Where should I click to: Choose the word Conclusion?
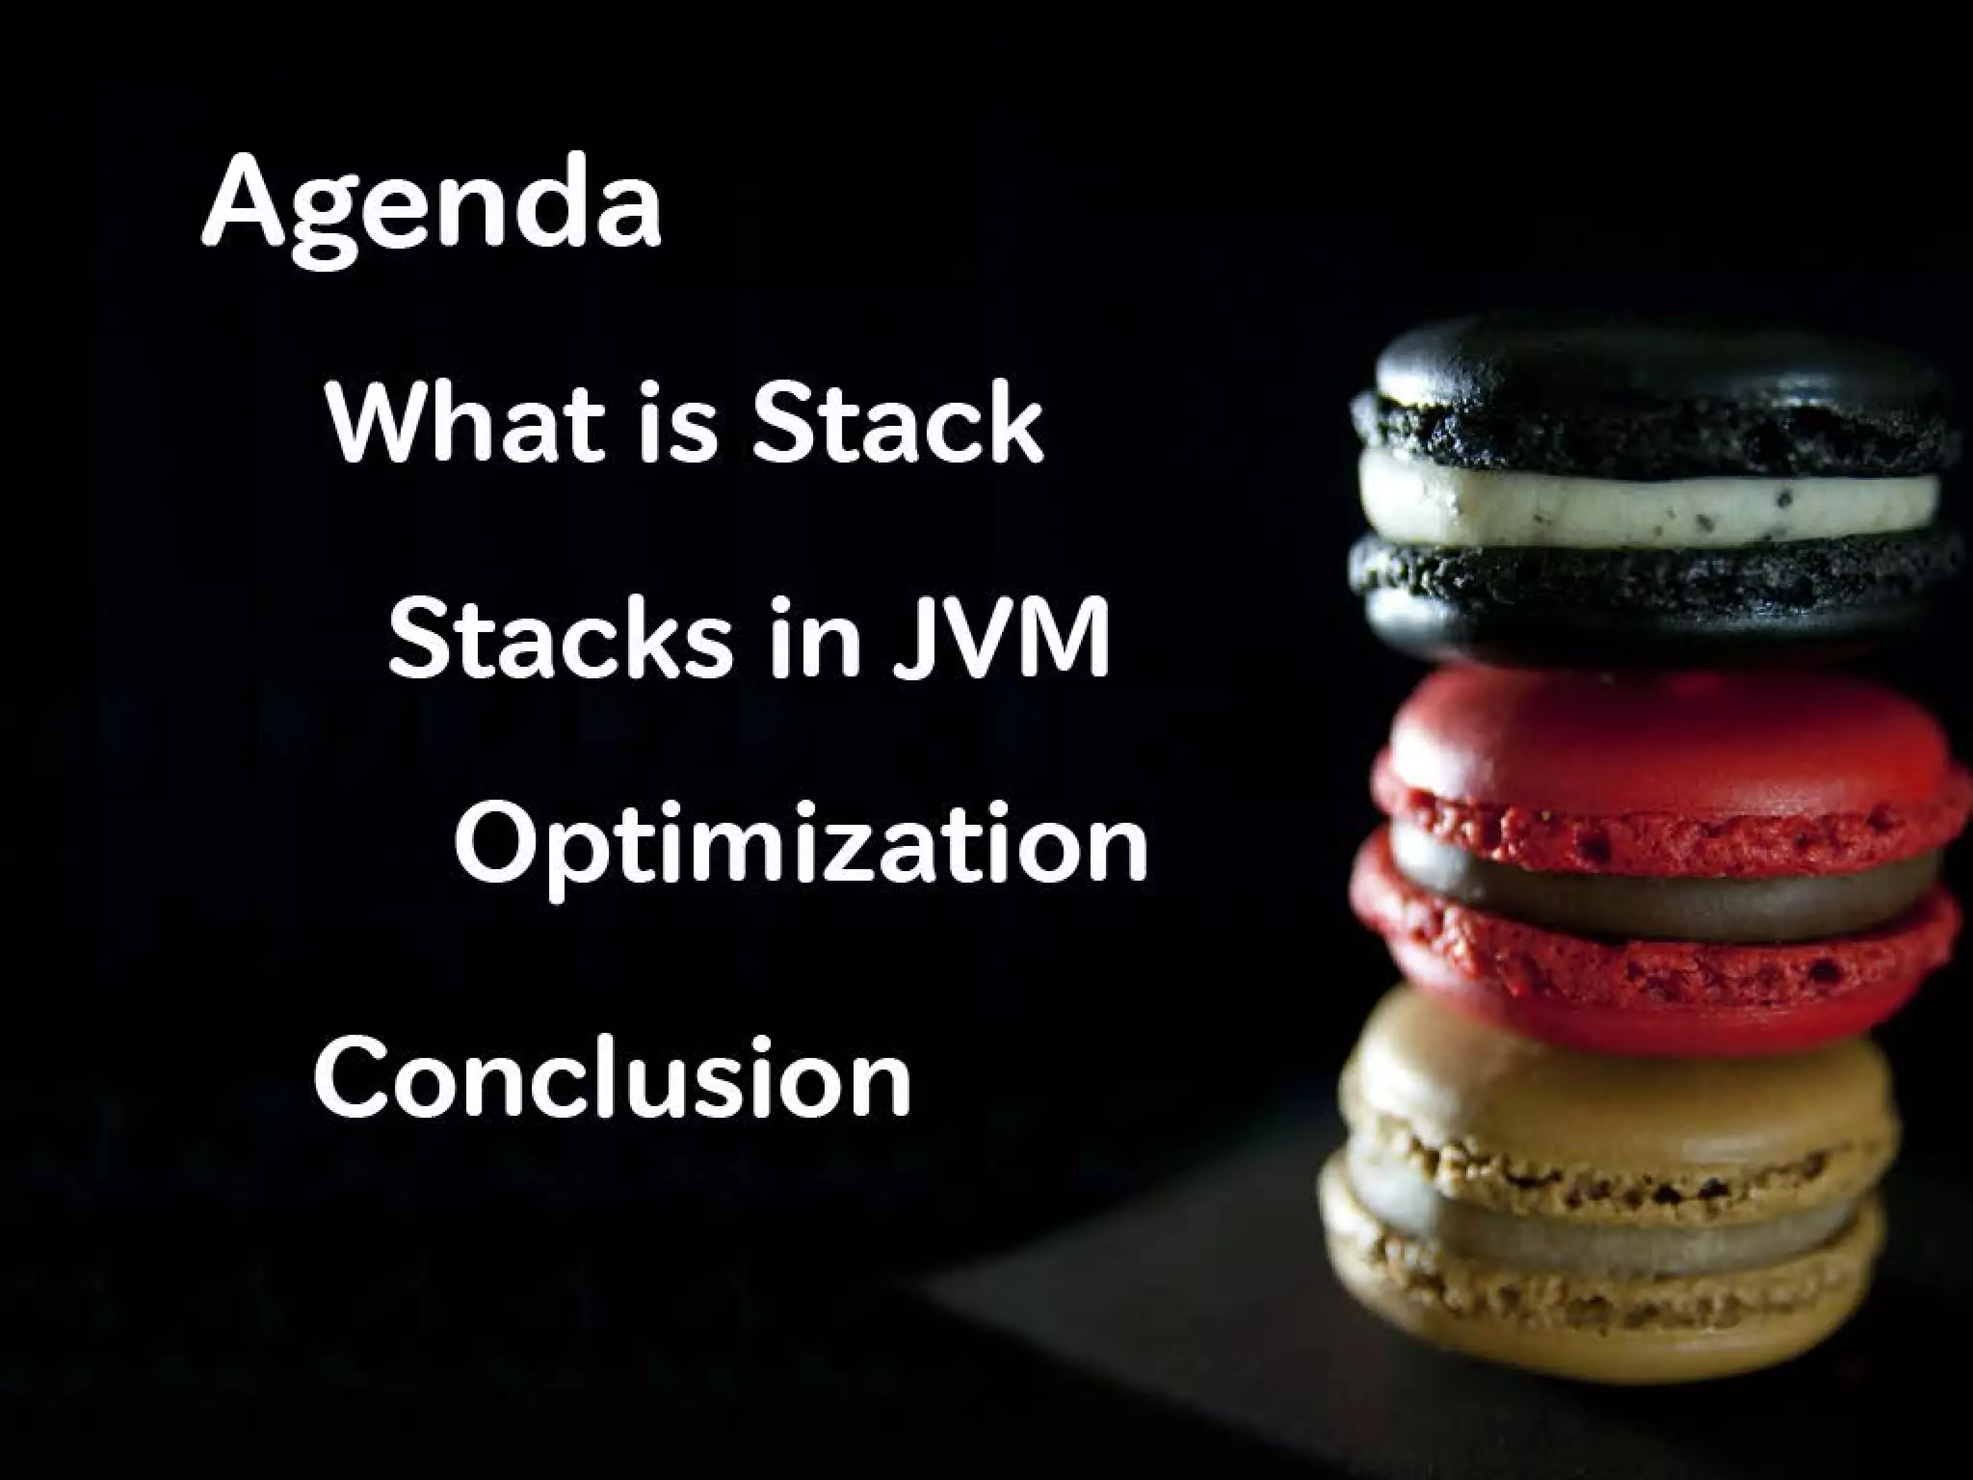click(613, 1075)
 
